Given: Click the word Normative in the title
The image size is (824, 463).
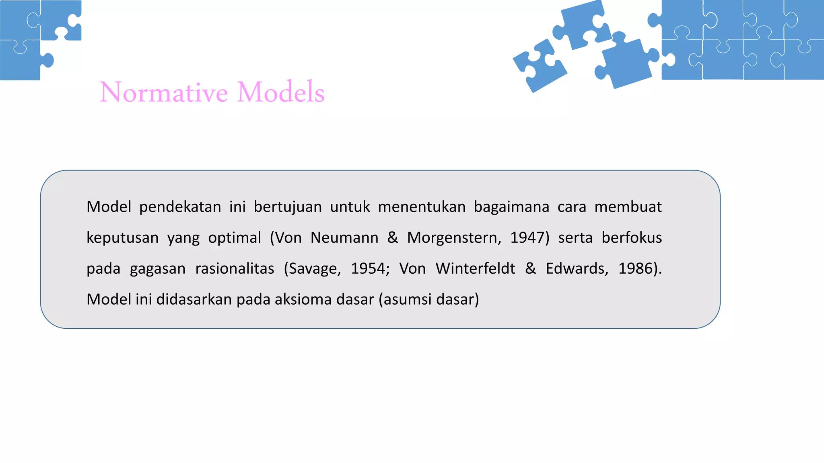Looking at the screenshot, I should (164, 92).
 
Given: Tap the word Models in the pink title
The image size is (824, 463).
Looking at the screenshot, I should (280, 92).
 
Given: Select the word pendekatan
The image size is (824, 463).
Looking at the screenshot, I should (180, 207).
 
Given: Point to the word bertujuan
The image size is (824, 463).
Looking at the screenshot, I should (288, 207).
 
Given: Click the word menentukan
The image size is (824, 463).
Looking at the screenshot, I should (422, 207).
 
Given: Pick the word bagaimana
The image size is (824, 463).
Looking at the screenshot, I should (511, 207).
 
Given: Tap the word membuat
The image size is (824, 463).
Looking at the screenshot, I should (628, 207).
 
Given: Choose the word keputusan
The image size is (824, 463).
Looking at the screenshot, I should (122, 238).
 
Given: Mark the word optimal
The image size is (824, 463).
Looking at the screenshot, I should (235, 238).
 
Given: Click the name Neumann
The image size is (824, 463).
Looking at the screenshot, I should (344, 238).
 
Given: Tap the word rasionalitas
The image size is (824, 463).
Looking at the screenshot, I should (235, 269).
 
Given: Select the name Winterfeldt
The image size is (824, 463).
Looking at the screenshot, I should (475, 269).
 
